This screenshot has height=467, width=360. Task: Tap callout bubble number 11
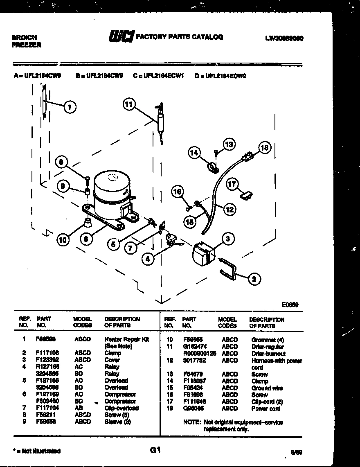[x=129, y=105]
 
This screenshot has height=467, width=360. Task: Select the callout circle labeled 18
[x=265, y=148]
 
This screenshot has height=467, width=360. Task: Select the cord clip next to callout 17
[x=246, y=196]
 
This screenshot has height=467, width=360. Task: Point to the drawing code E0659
[x=290, y=305]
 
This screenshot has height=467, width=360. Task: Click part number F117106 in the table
[x=45, y=353]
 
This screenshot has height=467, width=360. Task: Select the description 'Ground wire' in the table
[x=267, y=388]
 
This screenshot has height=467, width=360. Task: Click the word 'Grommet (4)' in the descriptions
[x=268, y=340]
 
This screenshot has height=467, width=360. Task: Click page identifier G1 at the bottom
[x=155, y=450]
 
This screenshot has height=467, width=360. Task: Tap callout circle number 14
[x=194, y=153]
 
